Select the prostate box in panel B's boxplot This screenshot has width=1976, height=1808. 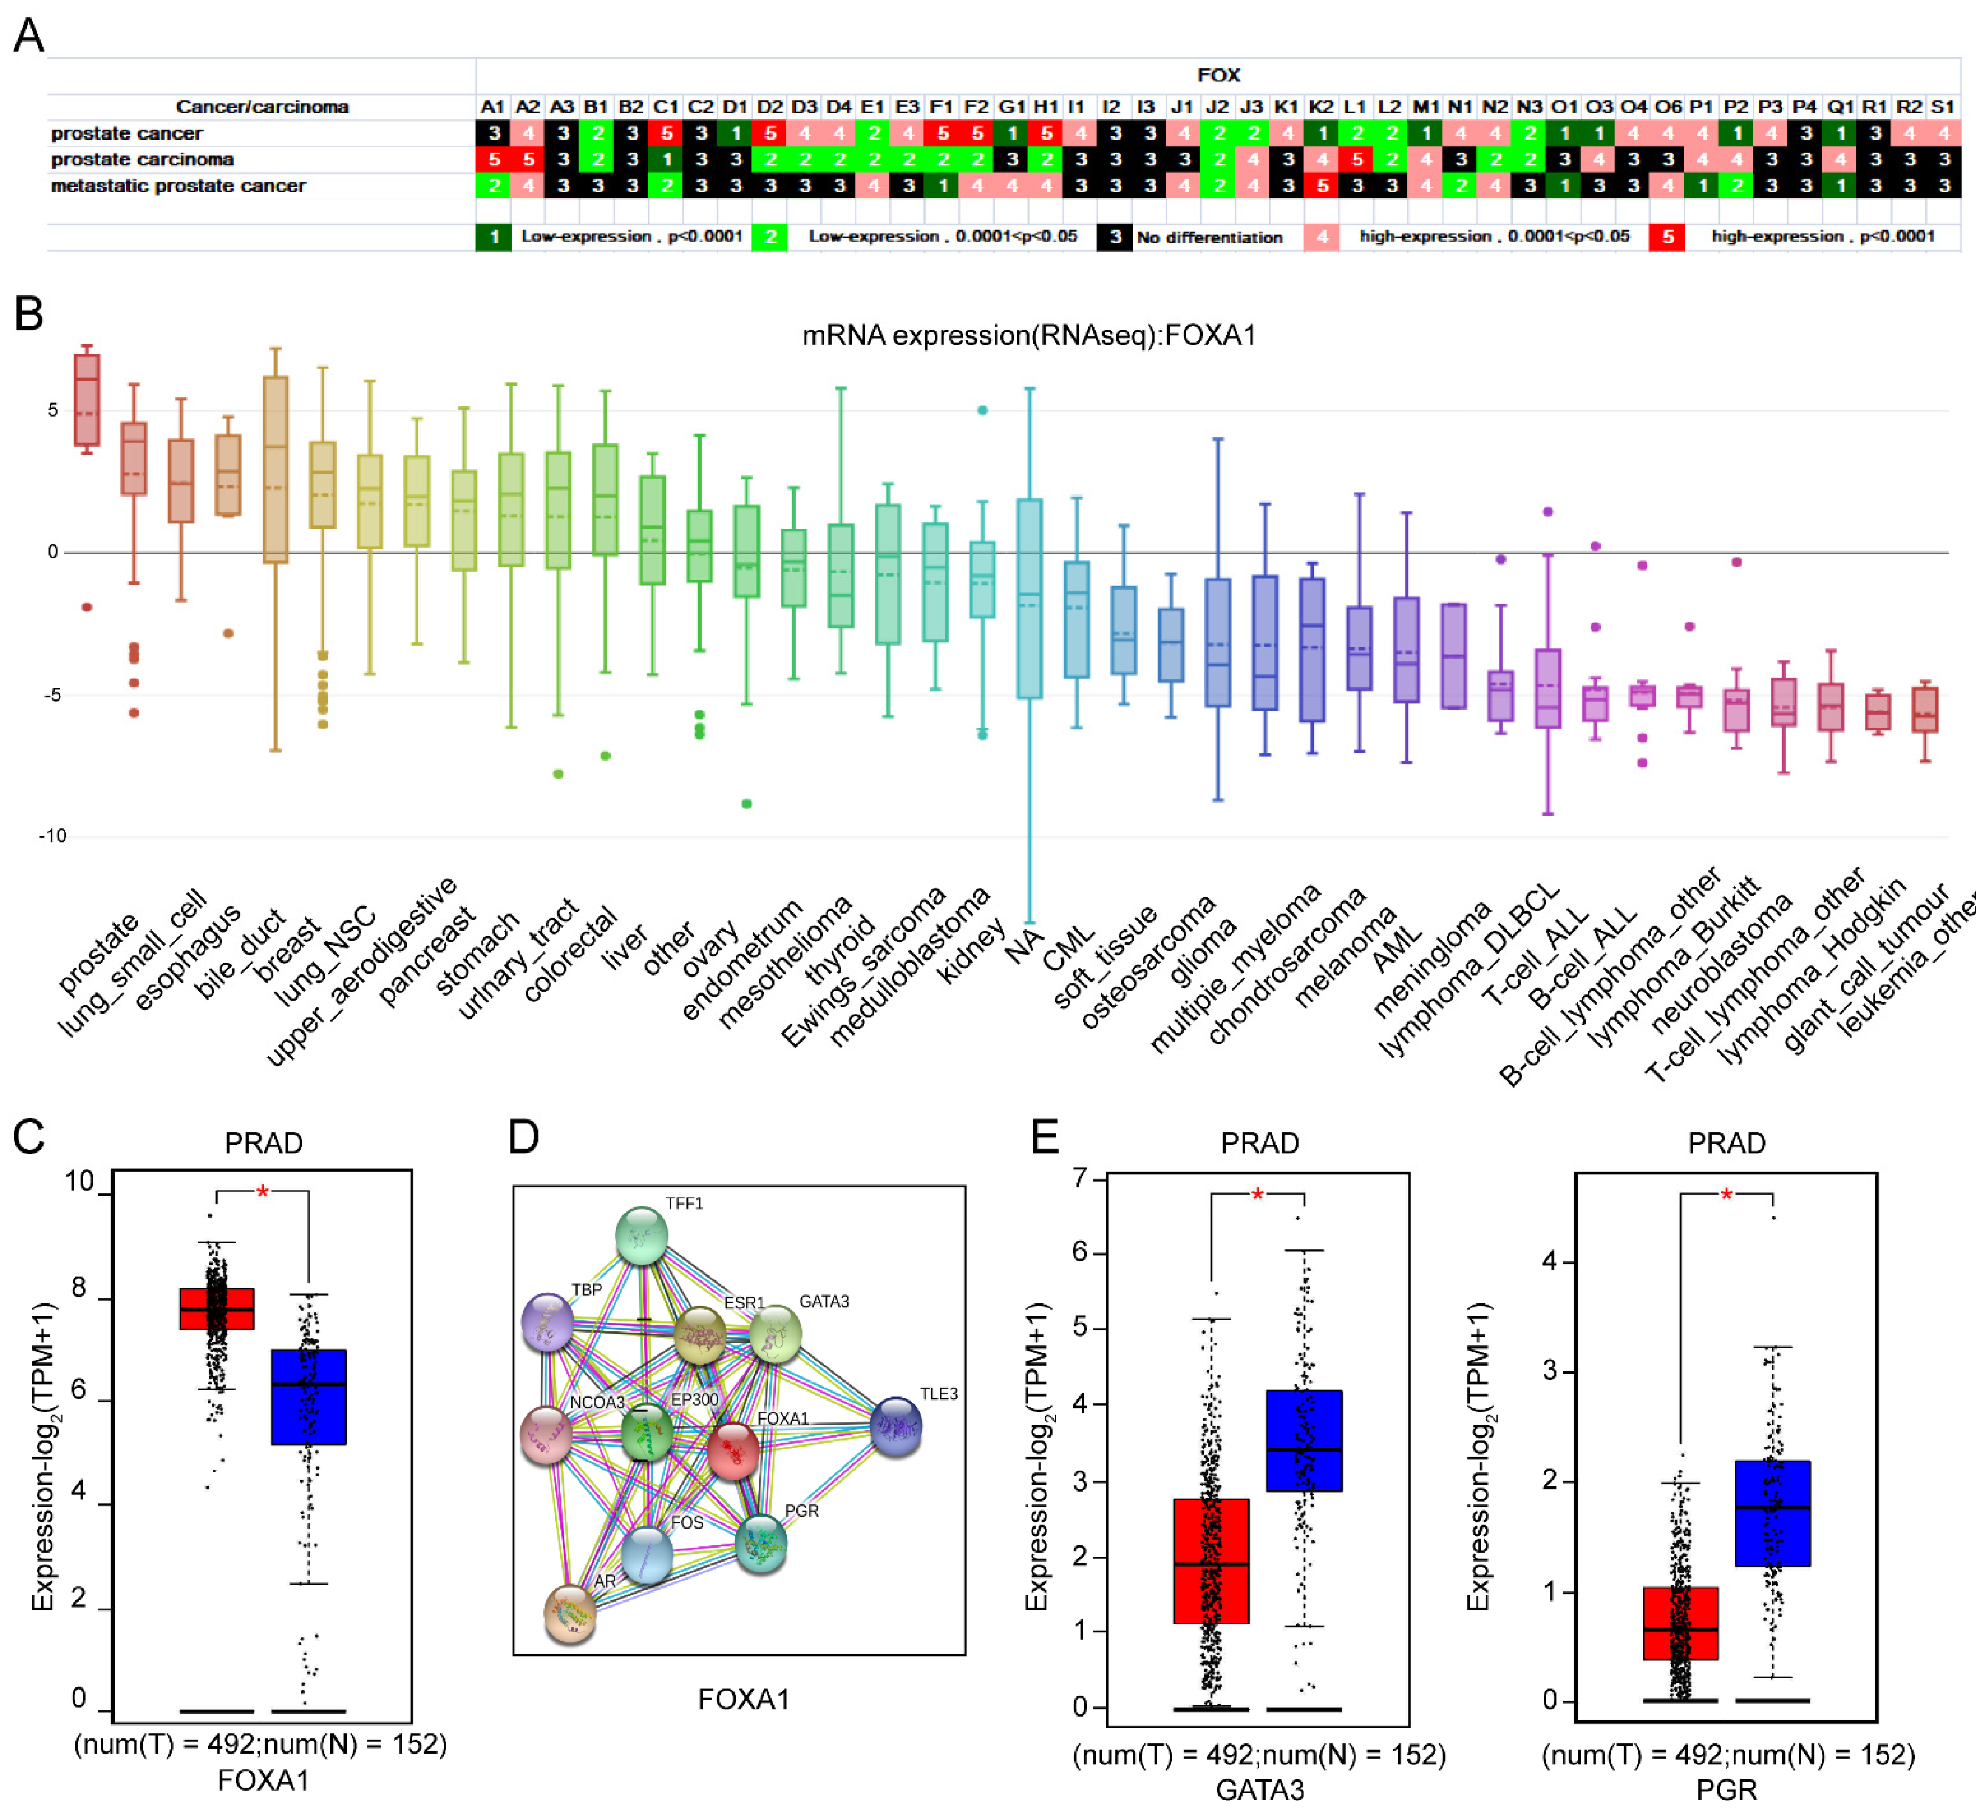[87, 400]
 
